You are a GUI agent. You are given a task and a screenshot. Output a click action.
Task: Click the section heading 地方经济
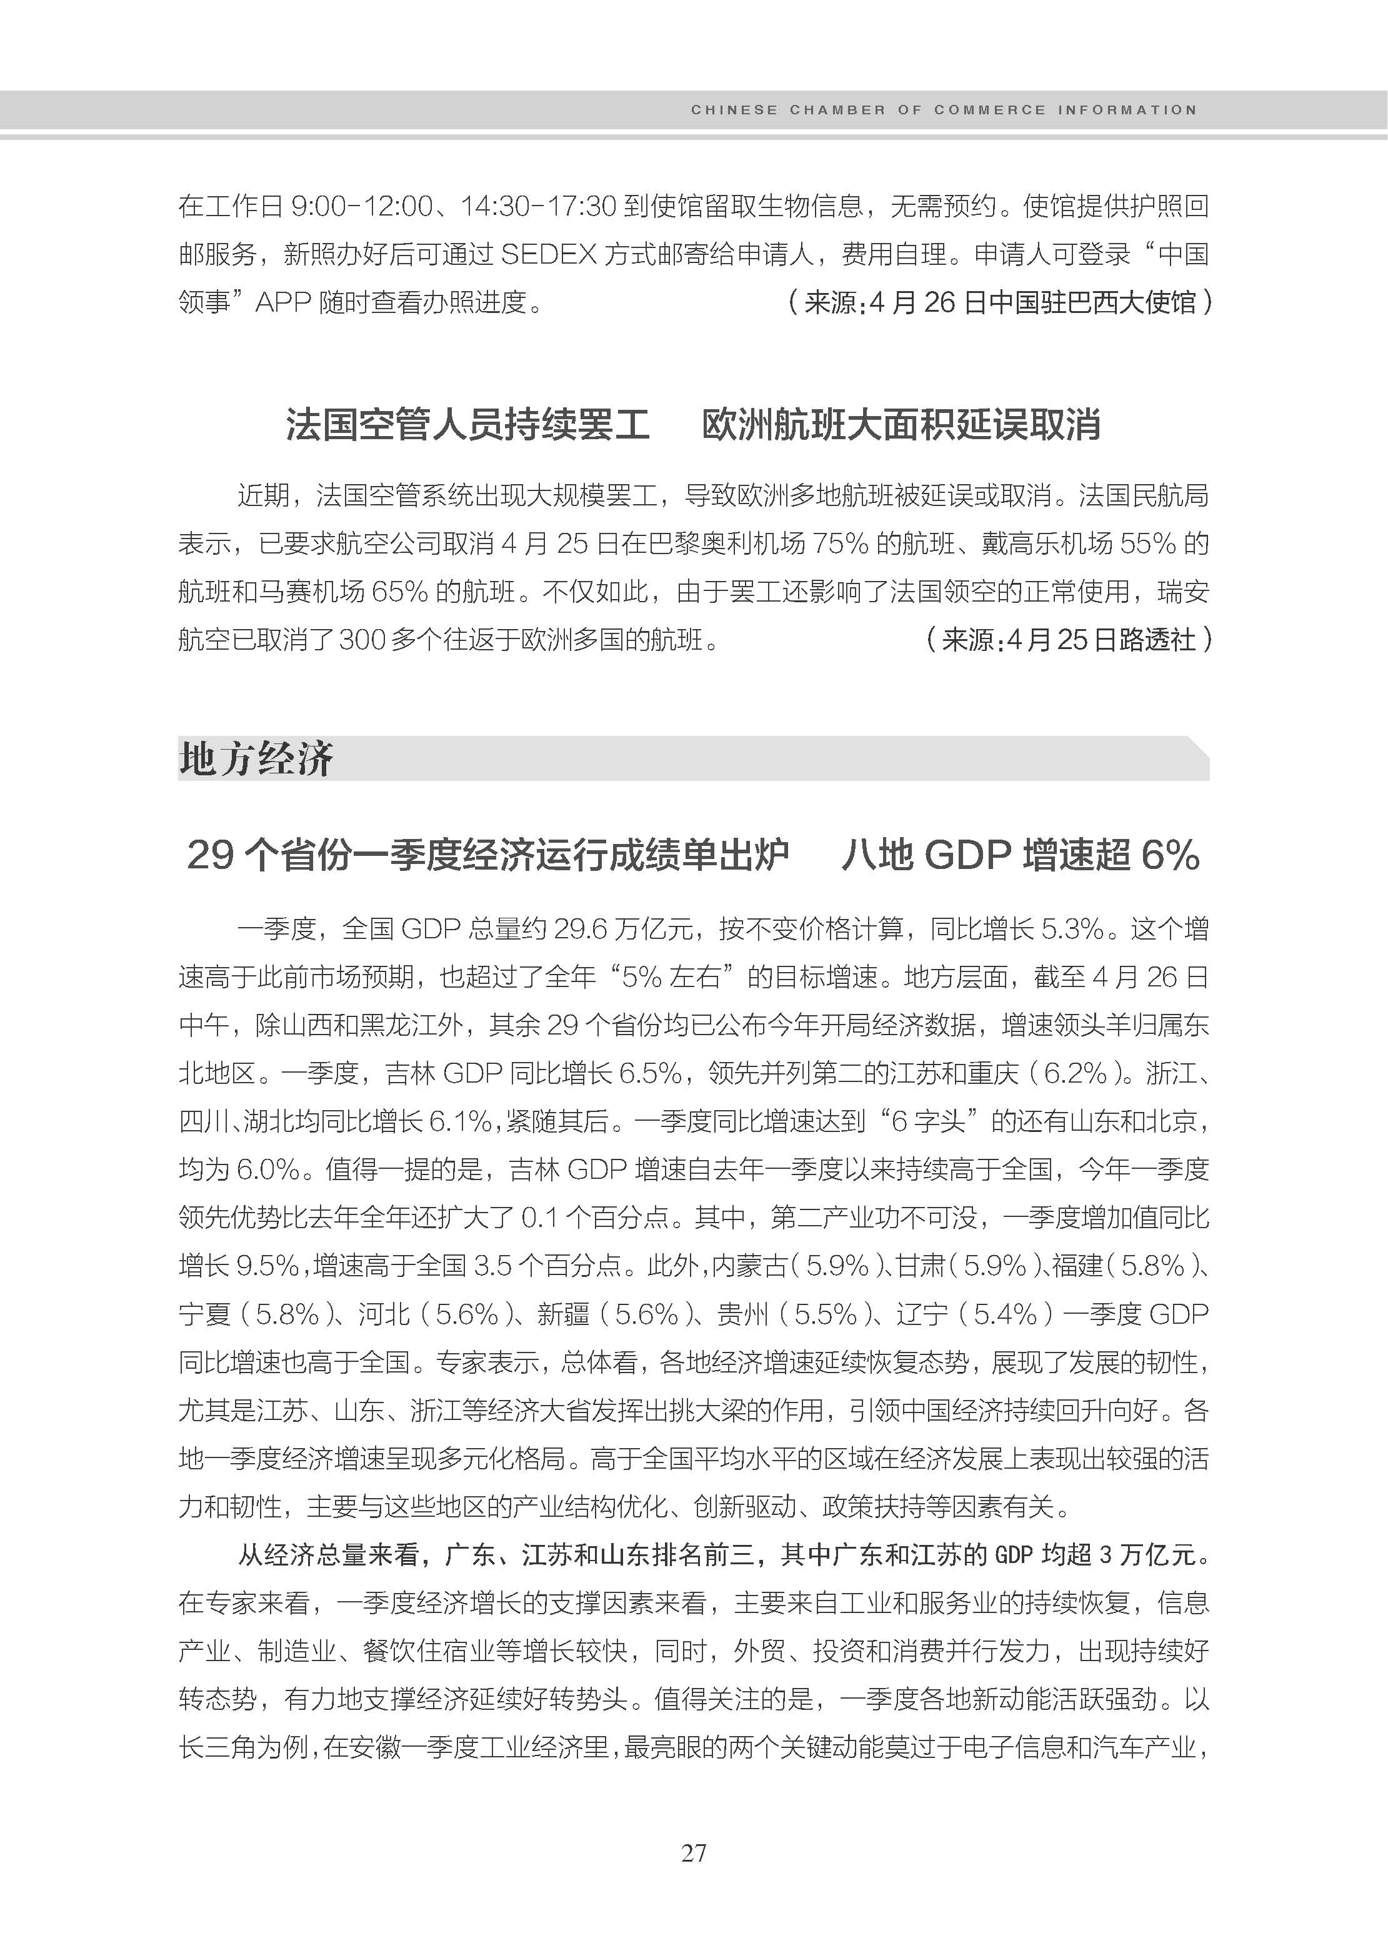[256, 758]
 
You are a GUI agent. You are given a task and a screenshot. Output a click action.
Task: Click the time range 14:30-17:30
[539, 206]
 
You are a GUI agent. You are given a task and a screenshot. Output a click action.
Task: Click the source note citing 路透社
[1069, 639]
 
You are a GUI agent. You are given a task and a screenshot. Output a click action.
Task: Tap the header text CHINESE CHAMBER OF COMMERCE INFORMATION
[944, 110]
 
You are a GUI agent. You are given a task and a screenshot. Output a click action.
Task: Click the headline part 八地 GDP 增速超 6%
[1021, 855]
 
